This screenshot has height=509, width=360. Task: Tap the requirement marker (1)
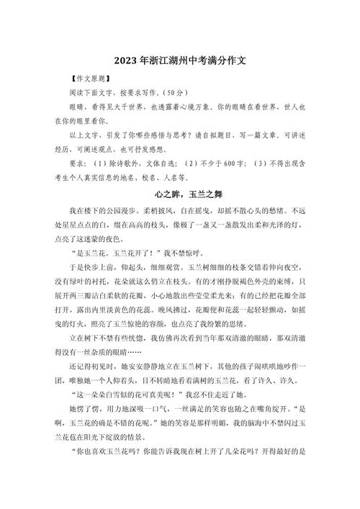click(x=99, y=162)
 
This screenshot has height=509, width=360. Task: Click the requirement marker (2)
click(x=188, y=162)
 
